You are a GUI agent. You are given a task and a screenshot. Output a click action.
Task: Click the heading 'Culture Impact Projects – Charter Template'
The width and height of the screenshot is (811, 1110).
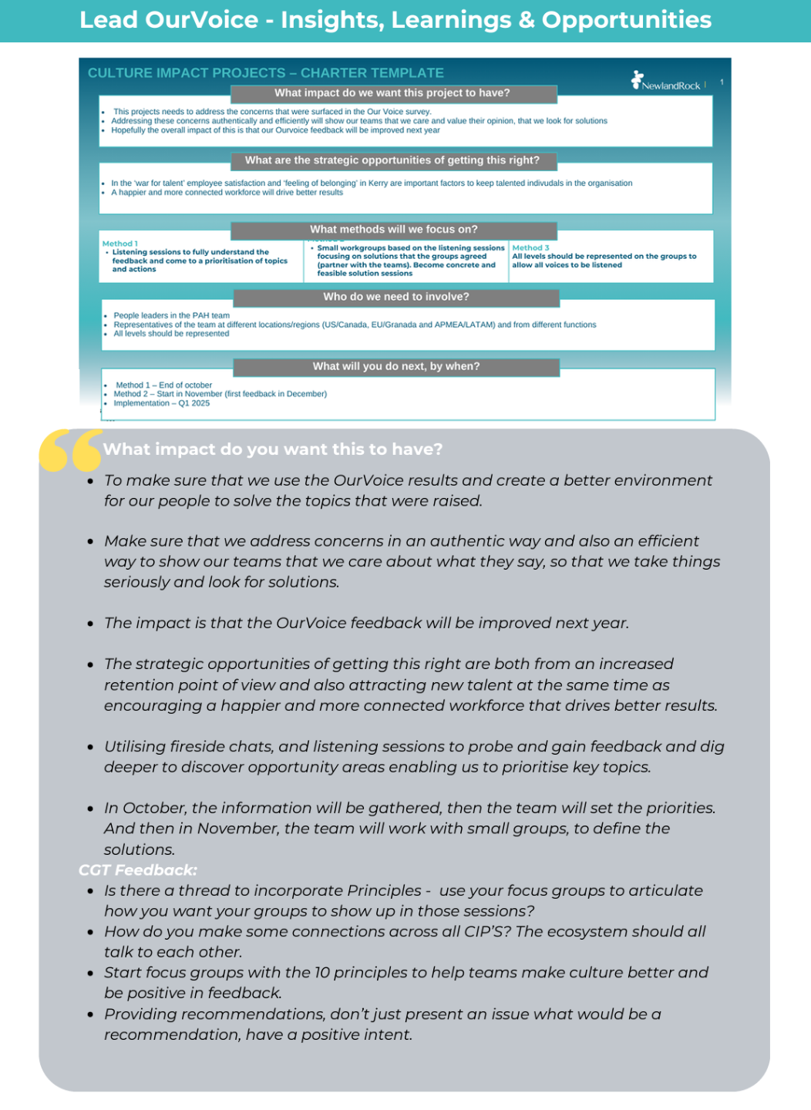(x=265, y=73)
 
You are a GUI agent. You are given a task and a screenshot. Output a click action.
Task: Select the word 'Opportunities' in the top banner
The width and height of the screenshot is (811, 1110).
(x=626, y=20)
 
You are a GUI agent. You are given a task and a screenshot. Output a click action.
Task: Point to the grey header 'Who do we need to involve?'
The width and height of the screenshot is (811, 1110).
(x=395, y=297)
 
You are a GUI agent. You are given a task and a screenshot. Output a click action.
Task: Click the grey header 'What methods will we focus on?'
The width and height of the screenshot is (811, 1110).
(x=393, y=230)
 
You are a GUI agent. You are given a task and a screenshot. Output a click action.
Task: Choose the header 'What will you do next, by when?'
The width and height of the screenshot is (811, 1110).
(x=395, y=367)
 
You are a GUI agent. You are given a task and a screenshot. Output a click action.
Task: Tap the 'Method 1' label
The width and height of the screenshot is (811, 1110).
(x=120, y=244)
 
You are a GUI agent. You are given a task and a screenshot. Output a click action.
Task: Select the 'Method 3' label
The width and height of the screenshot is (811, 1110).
(x=530, y=248)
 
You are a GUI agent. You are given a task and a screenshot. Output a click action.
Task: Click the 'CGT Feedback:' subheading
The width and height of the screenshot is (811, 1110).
(x=138, y=870)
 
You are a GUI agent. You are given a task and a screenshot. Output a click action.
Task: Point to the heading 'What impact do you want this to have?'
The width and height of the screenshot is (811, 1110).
(x=273, y=449)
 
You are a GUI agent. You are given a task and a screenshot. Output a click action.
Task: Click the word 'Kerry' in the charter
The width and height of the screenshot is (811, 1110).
(x=378, y=183)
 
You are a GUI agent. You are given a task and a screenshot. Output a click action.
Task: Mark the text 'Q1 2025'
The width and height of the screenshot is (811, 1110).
(x=194, y=403)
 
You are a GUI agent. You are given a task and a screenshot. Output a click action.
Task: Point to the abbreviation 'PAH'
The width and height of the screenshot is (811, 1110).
(x=200, y=315)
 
